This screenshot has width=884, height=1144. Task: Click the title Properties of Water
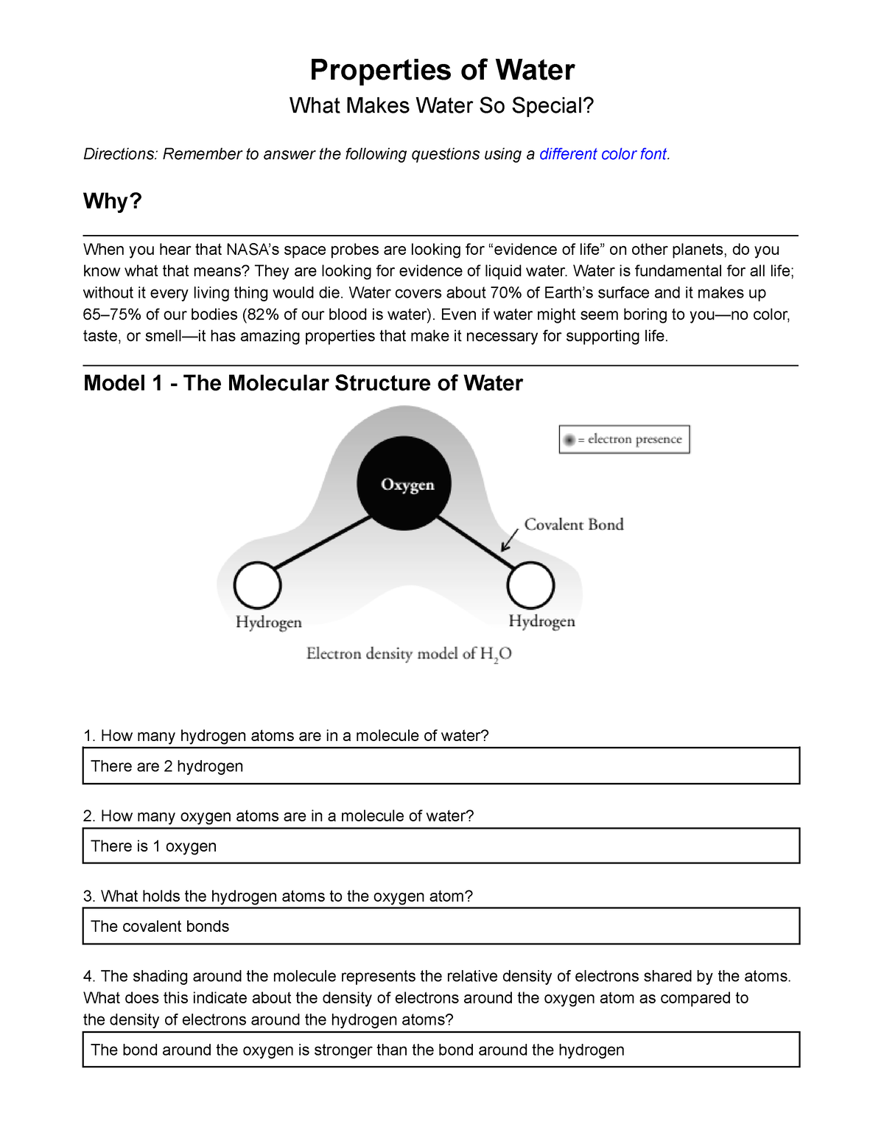(x=442, y=70)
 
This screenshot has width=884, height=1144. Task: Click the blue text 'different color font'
(x=603, y=154)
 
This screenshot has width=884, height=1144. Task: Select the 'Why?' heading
(x=113, y=201)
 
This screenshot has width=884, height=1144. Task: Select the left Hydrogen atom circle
(x=257, y=586)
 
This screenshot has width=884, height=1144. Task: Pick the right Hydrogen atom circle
(x=530, y=586)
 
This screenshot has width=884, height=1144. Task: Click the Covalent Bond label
(x=574, y=524)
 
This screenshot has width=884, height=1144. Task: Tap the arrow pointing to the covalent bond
(x=509, y=540)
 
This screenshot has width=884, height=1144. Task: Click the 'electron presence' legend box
(x=624, y=439)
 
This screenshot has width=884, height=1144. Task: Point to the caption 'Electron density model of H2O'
(x=409, y=654)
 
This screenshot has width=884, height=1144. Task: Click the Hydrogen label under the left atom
(x=268, y=622)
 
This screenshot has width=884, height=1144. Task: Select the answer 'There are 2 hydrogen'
(x=167, y=766)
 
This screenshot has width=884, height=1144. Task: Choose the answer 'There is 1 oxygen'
(x=154, y=846)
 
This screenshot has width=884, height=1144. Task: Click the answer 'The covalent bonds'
(x=160, y=927)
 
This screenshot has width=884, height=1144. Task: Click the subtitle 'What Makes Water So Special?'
(x=441, y=106)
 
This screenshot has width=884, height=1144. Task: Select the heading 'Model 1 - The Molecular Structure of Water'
(x=303, y=384)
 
